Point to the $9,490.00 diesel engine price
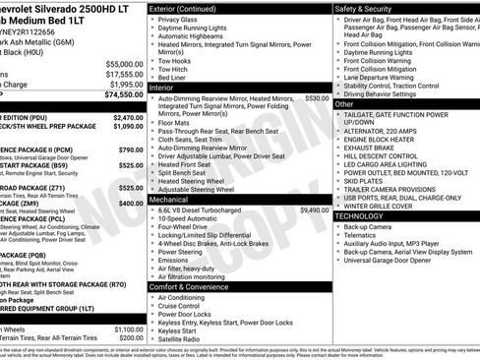point(314,210)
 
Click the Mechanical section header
point(176,199)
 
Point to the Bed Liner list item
point(178,78)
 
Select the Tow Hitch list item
point(179,69)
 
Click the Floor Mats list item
point(177,122)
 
